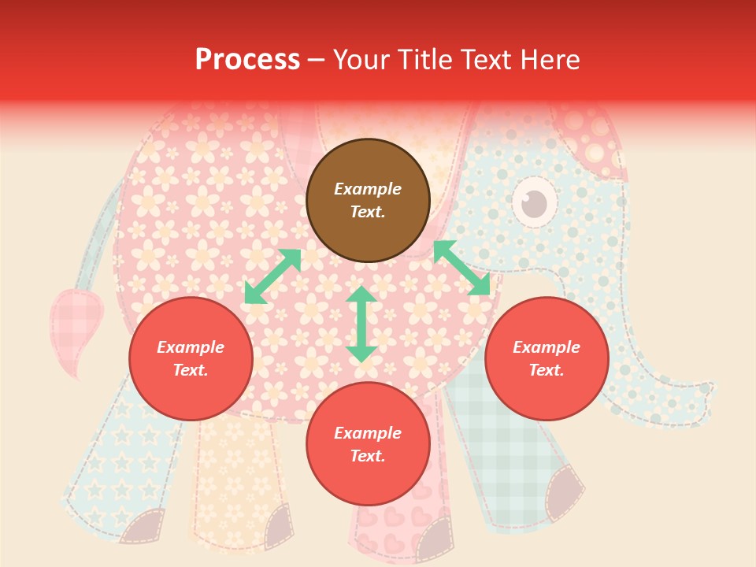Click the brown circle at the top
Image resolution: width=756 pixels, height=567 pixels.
368,200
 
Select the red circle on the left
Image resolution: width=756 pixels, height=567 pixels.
191,358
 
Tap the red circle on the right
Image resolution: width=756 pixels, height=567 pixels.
547,358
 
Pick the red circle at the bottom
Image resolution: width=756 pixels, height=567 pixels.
368,444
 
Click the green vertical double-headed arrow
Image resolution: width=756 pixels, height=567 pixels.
361,324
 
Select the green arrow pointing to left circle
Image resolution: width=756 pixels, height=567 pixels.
272,276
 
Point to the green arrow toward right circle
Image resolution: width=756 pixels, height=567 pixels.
462,268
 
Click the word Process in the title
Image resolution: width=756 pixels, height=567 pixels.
247,60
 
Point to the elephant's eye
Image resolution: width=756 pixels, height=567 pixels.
535,202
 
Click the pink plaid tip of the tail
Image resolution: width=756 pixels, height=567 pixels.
75,323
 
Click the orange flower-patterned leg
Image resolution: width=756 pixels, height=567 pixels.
236,480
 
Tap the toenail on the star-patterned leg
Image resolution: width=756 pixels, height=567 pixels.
143,526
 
